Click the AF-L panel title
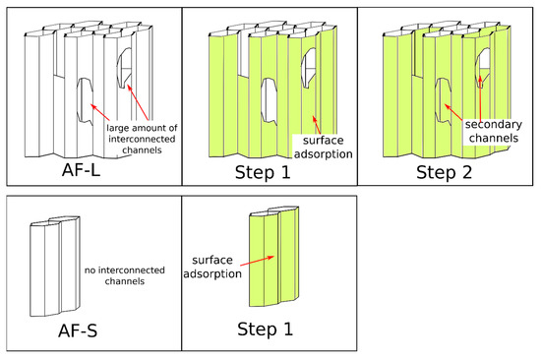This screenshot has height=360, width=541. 81,170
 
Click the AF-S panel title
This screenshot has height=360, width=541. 78,330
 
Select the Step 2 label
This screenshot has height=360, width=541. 444,172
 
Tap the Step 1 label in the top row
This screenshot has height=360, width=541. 263,172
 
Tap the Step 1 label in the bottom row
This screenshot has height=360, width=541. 265,329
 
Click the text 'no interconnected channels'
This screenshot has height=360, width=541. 125,275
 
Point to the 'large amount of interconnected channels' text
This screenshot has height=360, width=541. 142,139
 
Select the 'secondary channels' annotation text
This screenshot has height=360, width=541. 494,131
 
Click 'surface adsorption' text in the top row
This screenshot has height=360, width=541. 324,147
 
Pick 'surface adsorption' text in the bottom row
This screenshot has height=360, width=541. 212,267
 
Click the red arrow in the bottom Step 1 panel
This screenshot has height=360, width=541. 257,261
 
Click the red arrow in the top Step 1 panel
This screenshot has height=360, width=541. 317,125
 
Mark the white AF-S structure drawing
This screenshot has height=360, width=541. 55,267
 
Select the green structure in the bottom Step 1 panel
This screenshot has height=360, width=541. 274,257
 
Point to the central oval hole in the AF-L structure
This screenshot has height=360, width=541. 85,100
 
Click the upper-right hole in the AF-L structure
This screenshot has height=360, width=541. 124,68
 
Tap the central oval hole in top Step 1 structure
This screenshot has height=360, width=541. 269,100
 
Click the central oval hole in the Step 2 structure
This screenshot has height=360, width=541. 443,100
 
